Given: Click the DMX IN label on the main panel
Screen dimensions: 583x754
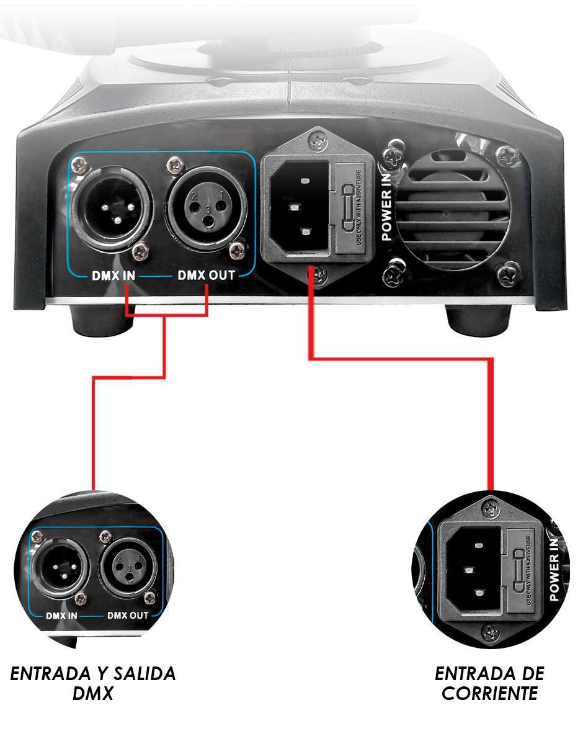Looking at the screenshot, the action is tap(113, 276).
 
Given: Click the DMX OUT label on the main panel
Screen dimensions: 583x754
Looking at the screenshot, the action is tap(207, 276).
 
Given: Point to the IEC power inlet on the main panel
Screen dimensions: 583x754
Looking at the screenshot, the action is tap(300, 207).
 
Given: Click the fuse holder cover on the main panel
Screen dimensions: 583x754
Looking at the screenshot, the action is tap(350, 208).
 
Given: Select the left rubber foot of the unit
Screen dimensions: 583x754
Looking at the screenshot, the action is tap(102, 321).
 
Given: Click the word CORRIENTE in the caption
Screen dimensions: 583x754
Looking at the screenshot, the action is tap(489, 693).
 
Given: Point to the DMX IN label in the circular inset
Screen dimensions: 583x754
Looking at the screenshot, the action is tap(61, 616).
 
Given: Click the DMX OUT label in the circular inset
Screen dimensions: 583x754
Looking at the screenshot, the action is tap(128, 615).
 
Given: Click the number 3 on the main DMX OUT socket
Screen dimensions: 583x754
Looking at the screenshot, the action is tap(208, 210).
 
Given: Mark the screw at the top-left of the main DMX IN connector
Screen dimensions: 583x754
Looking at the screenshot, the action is tap(80, 166).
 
